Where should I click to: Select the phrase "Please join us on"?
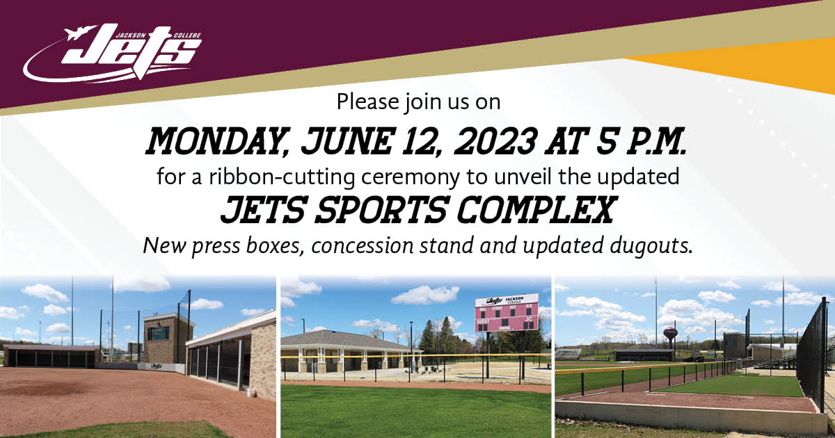pos(418,102)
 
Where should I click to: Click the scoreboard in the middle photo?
pos(507,314)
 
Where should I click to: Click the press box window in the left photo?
pos(157,333)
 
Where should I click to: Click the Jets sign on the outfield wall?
pos(156,366)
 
